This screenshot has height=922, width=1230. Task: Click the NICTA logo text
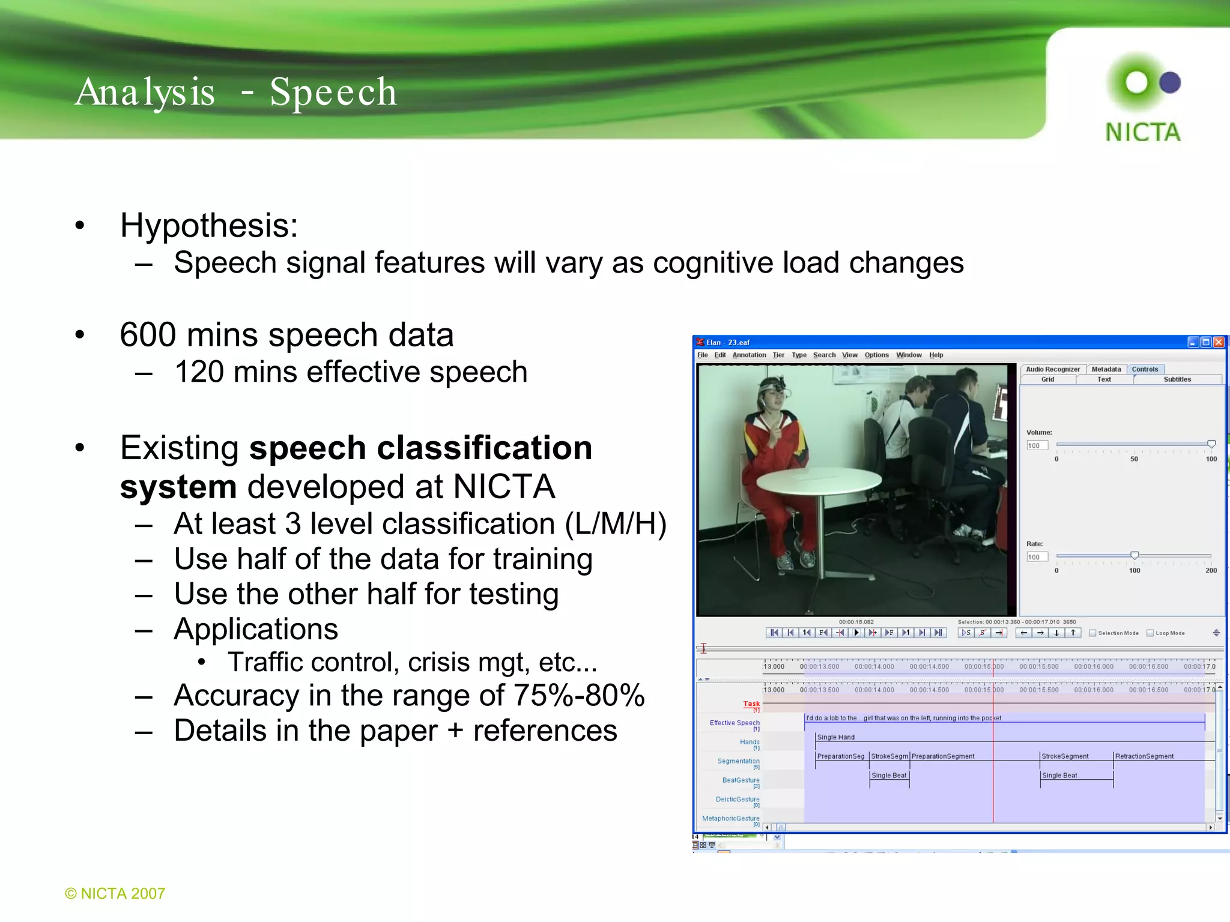(1142, 133)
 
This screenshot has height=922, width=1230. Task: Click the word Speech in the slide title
(333, 92)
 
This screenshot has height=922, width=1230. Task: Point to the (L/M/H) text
(616, 524)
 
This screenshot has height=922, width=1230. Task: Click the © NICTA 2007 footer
(115, 893)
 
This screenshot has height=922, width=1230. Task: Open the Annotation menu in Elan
(749, 355)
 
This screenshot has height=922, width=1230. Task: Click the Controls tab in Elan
(1145, 369)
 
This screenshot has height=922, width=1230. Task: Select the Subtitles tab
(1177, 379)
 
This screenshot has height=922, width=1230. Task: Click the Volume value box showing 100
(1037, 445)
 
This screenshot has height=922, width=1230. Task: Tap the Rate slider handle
(1135, 555)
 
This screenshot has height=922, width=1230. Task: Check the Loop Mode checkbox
(1150, 633)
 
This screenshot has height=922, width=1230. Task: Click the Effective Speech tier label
(734, 723)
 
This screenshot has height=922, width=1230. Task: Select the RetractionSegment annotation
(1144, 756)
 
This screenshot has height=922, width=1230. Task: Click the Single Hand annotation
(835, 737)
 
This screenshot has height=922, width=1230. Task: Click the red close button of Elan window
(1219, 342)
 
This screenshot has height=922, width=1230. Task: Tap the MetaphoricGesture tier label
(730, 818)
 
